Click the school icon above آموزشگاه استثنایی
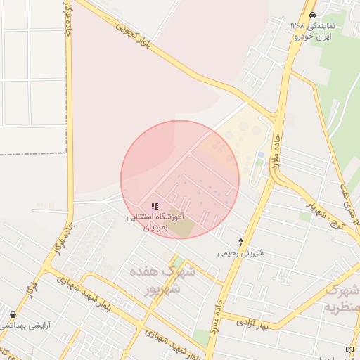[155, 206]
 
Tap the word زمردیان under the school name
[156, 228]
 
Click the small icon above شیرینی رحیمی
[241, 241]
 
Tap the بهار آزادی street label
[254, 322]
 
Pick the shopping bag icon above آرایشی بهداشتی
[13, 314]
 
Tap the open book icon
[350, 349]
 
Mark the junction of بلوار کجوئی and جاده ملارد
[276, 114]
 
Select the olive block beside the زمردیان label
[181, 228]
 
